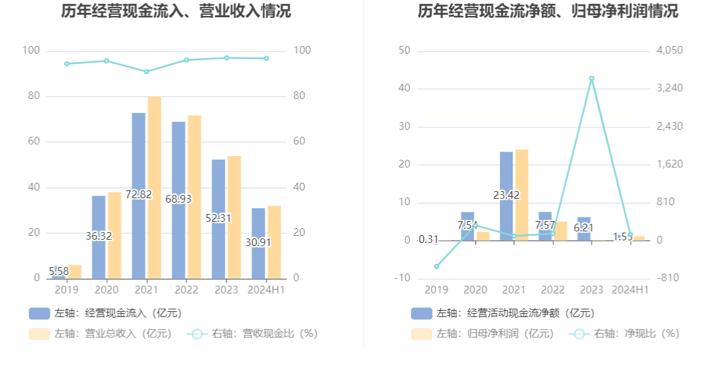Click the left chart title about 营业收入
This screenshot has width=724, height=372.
pyautogui.click(x=176, y=11)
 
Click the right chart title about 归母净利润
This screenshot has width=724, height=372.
pyautogui.click(x=548, y=11)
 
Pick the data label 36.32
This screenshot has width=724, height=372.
pyautogui.click(x=98, y=236)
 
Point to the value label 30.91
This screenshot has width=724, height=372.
pyautogui.click(x=258, y=243)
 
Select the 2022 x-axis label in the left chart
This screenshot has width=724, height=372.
pyautogui.click(x=186, y=290)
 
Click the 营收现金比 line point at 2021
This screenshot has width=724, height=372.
pyautogui.click(x=146, y=72)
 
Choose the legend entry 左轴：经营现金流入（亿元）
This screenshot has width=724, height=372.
pyautogui.click(x=106, y=313)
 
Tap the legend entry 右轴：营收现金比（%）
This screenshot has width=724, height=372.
pyautogui.click(x=252, y=334)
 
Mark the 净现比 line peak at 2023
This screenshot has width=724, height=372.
pyautogui.click(x=591, y=79)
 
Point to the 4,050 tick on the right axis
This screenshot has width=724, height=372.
pyautogui.click(x=670, y=50)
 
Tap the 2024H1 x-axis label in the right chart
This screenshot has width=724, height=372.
pyautogui.click(x=630, y=290)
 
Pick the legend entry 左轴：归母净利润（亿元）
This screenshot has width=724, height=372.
pyautogui.click(x=483, y=334)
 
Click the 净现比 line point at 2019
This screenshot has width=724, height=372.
pyautogui.click(x=437, y=266)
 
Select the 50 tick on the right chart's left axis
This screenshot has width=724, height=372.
pyautogui.click(x=403, y=50)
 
